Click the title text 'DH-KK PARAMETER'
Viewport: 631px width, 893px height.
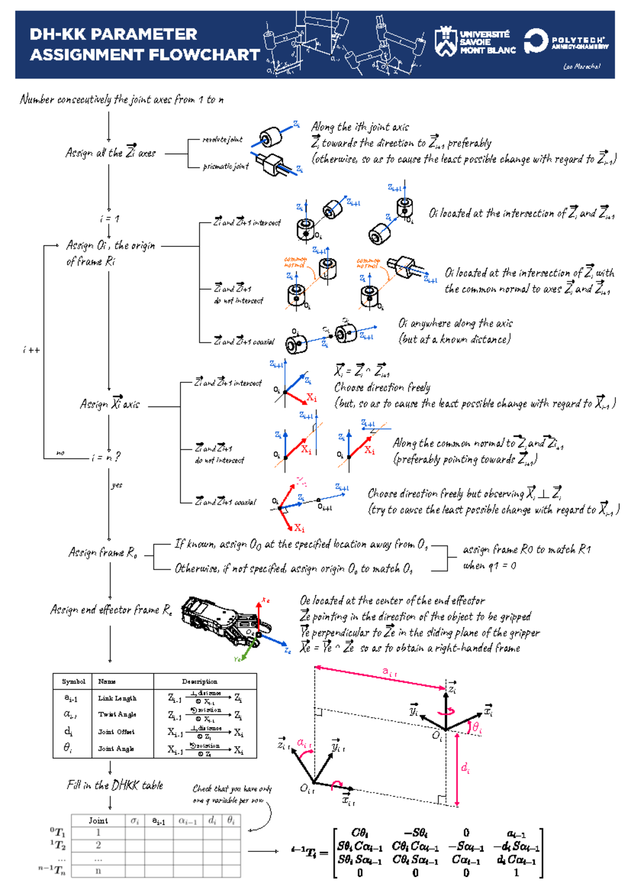(113, 34)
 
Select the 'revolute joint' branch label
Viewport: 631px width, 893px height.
(222, 140)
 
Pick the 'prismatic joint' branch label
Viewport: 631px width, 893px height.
(226, 166)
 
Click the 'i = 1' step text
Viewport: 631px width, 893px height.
(109, 219)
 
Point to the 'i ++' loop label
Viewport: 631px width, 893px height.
(32, 350)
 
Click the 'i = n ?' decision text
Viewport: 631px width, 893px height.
(106, 457)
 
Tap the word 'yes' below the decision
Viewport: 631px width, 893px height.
(117, 485)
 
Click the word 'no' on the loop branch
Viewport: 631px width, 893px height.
(60, 453)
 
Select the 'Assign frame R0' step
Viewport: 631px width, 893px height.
(103, 552)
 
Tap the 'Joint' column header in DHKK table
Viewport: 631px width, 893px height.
(98, 820)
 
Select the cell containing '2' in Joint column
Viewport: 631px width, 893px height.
(98, 845)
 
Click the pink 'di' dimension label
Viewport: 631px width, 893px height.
(465, 768)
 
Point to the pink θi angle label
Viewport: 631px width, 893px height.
(477, 727)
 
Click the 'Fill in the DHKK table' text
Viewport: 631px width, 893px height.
(115, 785)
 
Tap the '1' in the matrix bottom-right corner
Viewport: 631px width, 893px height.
(516, 873)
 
